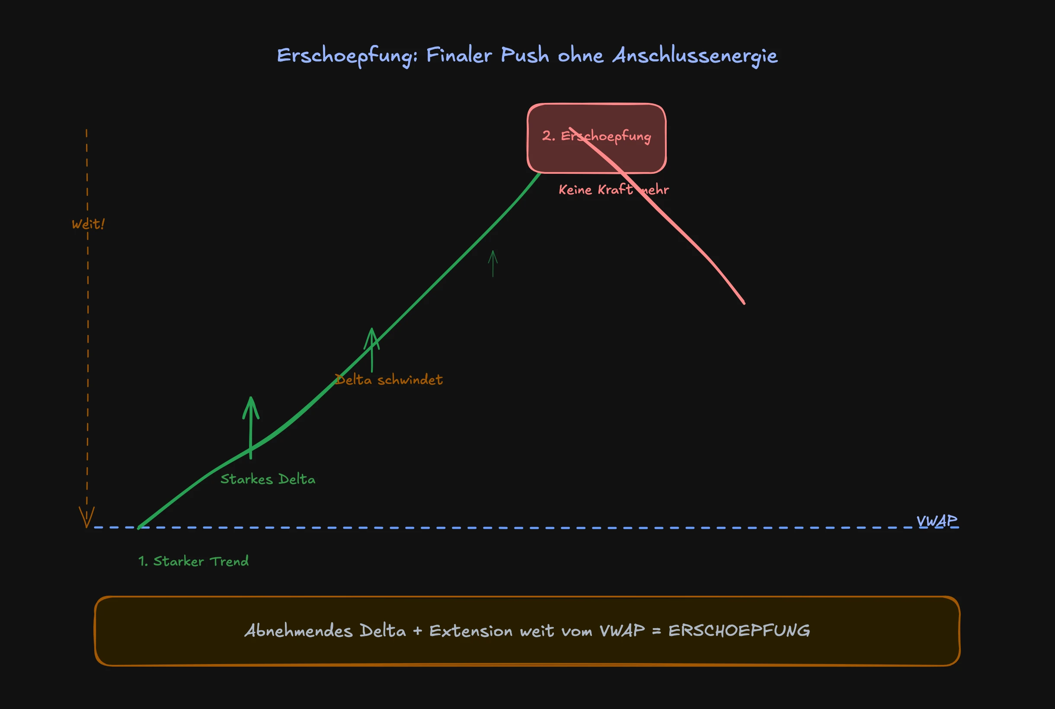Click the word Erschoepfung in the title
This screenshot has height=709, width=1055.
pos(345,56)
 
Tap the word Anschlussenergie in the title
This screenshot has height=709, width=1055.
pos(694,56)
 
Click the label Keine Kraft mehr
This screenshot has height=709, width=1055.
pos(613,189)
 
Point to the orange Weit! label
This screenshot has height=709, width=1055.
pos(88,224)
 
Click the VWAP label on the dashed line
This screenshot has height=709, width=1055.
pos(937,521)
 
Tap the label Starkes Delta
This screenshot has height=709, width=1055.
pos(268,479)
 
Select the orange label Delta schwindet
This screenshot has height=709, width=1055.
pos(388,380)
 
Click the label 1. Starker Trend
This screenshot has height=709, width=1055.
pos(194,561)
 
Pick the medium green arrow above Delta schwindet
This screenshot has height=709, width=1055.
pos(372,350)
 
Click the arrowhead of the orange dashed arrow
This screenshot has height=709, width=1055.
pos(86,518)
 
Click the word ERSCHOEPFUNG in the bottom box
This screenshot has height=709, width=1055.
pos(739,631)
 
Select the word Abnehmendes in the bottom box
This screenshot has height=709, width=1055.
pos(298,631)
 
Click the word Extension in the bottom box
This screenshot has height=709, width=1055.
pos(470,631)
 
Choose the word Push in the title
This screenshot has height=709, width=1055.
pos(524,56)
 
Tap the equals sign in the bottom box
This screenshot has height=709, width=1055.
pos(657,631)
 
